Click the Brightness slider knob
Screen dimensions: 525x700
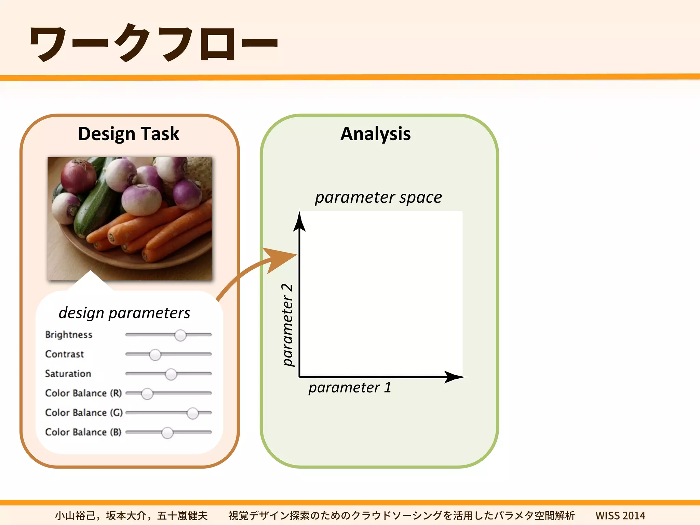pyautogui.click(x=180, y=335)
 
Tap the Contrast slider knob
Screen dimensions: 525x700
pyautogui.click(x=155, y=355)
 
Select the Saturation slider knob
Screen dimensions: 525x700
pyautogui.click(x=171, y=374)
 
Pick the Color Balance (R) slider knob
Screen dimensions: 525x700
pyautogui.click(x=147, y=394)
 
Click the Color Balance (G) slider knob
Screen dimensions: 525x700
pyautogui.click(x=193, y=413)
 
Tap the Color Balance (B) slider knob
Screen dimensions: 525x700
pyautogui.click(x=167, y=433)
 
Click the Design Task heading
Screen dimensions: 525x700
pyautogui.click(x=129, y=134)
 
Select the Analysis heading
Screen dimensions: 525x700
pyautogui.click(x=375, y=134)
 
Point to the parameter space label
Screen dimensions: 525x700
pyautogui.click(x=378, y=197)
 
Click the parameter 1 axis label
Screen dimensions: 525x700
pyautogui.click(x=350, y=388)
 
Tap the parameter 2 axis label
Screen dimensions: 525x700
pyautogui.click(x=287, y=325)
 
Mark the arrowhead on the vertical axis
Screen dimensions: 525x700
pyautogui.click(x=299, y=222)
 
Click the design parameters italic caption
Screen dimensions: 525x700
pyautogui.click(x=124, y=313)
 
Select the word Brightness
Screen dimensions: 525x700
pyautogui.click(x=69, y=335)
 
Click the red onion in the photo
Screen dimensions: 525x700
pyautogui.click(x=78, y=177)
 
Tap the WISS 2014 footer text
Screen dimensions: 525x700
pyautogui.click(x=620, y=515)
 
